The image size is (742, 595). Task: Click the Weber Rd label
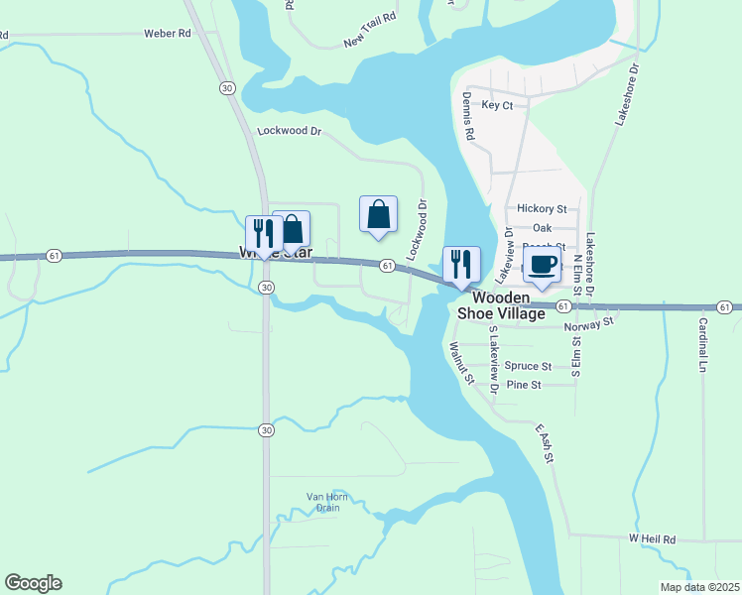coord(167,33)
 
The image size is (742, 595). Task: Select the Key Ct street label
coord(497,105)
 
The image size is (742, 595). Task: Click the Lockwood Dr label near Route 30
coord(290,130)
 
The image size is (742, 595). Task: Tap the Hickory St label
coord(542,209)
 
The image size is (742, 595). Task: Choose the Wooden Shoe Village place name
coord(501,305)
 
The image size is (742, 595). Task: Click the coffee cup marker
coord(542,265)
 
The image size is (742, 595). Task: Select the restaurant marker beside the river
coord(461,264)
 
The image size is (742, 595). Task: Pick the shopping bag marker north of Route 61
coord(378,213)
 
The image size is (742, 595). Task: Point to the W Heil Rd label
coord(652,538)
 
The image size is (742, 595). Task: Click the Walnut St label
coord(459,363)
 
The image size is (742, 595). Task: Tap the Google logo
coord(33,583)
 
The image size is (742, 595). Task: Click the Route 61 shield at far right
coord(726,307)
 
